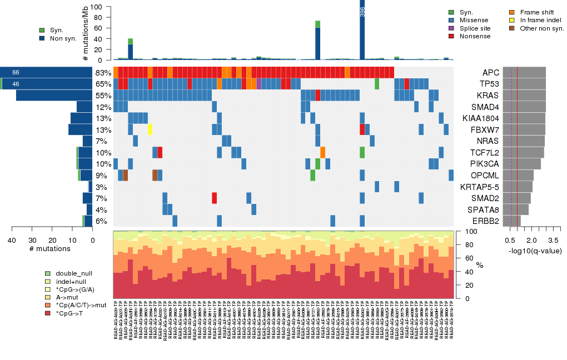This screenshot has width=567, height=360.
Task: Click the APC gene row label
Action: click(x=491, y=73)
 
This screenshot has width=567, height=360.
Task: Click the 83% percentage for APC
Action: click(x=103, y=73)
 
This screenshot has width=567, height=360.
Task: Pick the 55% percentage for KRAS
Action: click(x=103, y=96)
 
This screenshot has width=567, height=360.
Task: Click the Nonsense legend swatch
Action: click(x=451, y=36)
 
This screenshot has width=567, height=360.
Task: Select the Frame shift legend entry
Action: click(x=513, y=12)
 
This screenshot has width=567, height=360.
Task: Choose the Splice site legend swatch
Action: click(x=451, y=28)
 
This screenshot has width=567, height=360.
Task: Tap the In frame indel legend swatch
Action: click(x=513, y=20)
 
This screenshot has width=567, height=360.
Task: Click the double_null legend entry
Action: click(x=48, y=274)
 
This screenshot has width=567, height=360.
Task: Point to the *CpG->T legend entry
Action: click(x=48, y=313)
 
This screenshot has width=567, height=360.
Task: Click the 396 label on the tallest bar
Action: click(x=362, y=12)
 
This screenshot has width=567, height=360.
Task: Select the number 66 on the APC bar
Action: click(x=16, y=73)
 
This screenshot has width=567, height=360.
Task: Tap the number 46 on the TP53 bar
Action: click(x=16, y=84)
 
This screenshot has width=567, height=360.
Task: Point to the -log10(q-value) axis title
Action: click(x=535, y=251)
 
